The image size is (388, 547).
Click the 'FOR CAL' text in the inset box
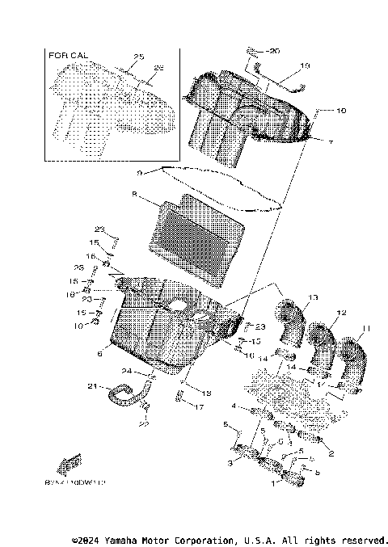click(68, 55)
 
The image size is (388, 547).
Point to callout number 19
click(304, 65)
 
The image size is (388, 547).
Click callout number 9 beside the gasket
click(139, 172)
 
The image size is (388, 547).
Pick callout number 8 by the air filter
click(133, 194)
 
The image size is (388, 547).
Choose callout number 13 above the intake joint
click(313, 297)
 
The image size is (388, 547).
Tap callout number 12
click(341, 312)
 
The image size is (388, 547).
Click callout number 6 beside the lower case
click(99, 353)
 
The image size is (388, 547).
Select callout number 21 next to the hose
click(91, 385)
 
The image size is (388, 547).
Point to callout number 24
click(126, 371)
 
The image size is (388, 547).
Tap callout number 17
click(198, 407)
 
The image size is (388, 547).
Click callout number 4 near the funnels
click(233, 406)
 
